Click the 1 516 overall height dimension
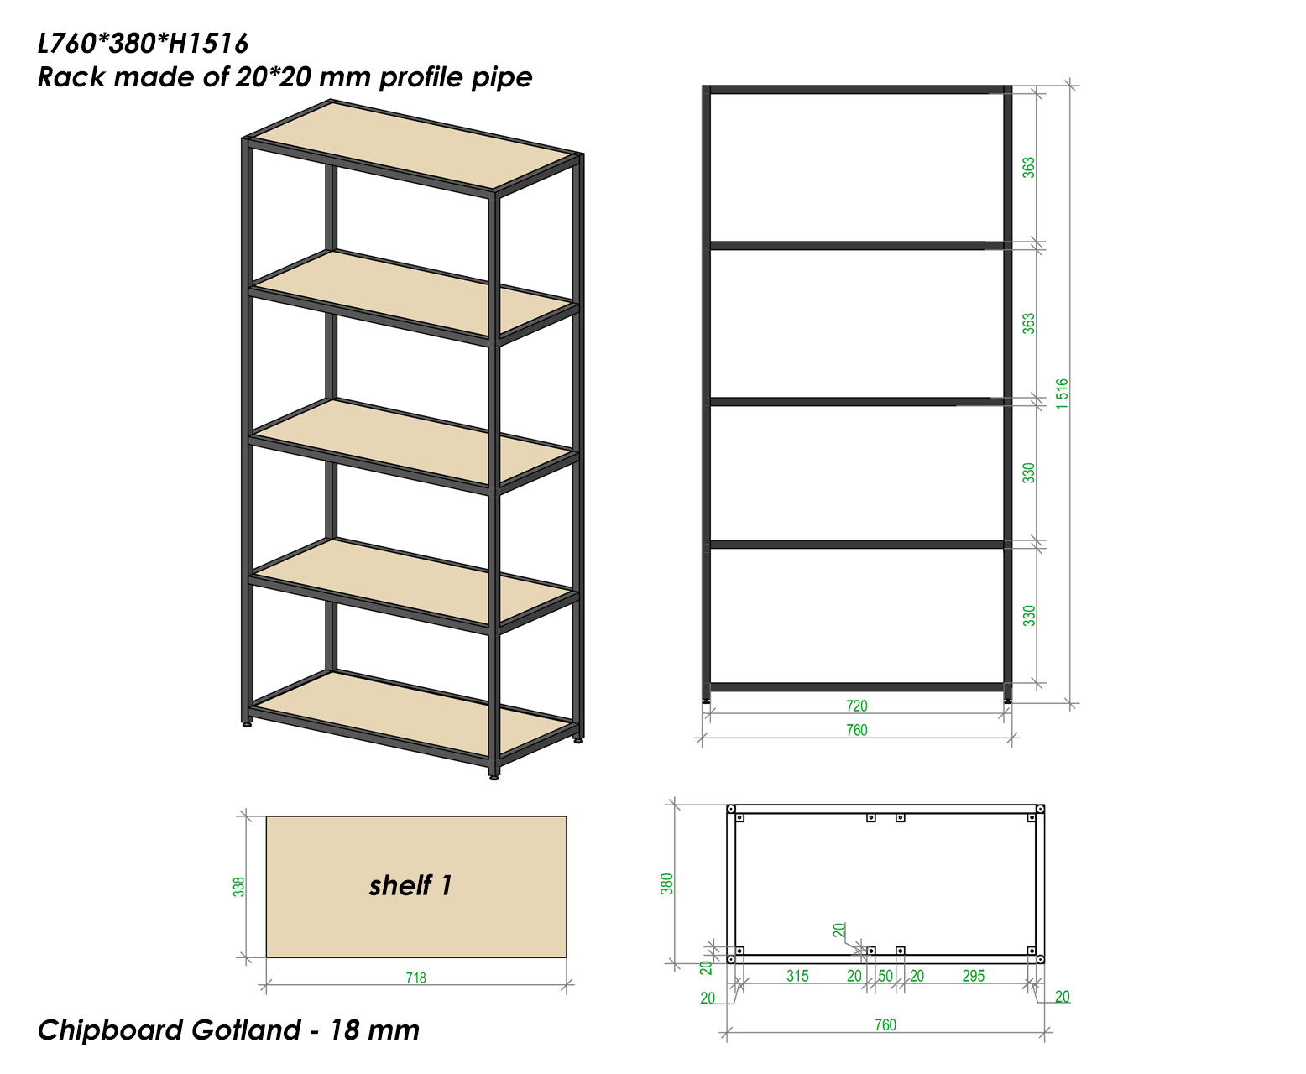pos(1062,394)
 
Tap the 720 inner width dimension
pos(856,706)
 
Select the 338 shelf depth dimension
pos(238,886)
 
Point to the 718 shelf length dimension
pos(415,978)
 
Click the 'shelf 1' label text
pos(410,885)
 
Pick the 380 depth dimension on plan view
pos(666,884)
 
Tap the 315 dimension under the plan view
pos(797,976)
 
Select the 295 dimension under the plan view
pos(974,976)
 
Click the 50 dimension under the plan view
pos(885,976)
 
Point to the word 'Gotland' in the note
pos(246,1030)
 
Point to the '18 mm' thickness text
pos(374,1030)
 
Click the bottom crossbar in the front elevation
pos(856,687)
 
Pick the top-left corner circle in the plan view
pos(731,809)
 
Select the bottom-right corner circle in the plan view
pos(1040,960)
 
